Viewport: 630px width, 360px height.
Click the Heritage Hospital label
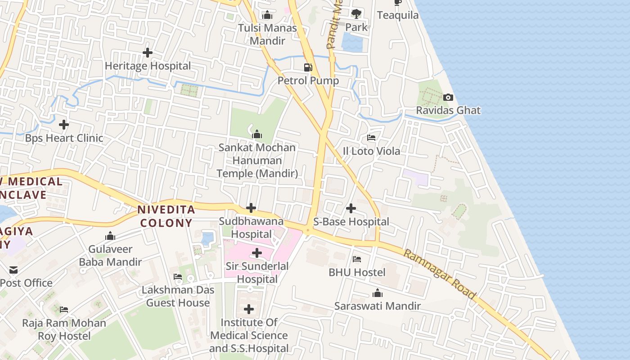click(148, 66)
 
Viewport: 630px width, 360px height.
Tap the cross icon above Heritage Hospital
click(147, 53)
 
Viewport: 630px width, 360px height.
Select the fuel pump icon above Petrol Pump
click(308, 67)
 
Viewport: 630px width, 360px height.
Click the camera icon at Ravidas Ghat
click(448, 97)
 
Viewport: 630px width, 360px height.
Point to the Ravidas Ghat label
click(448, 110)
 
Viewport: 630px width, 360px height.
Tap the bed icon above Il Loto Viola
click(371, 138)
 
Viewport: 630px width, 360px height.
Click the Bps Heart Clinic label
click(64, 138)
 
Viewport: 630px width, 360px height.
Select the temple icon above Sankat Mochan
click(257, 134)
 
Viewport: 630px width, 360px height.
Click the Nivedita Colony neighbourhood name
click(166, 216)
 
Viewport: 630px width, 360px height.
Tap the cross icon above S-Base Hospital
click(351, 208)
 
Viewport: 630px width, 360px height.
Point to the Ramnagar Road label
click(439, 274)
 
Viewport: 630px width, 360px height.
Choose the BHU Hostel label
click(357, 272)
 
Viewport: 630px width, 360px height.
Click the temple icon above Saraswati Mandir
click(378, 293)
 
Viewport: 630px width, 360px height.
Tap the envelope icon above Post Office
click(13, 270)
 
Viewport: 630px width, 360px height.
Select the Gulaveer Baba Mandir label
click(110, 256)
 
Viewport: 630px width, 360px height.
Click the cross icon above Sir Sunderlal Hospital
click(257, 253)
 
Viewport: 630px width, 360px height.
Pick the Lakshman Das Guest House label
click(178, 296)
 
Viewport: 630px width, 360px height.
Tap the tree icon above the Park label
click(356, 13)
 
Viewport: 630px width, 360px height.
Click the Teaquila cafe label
click(398, 15)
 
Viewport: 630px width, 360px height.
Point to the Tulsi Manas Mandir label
click(267, 34)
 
